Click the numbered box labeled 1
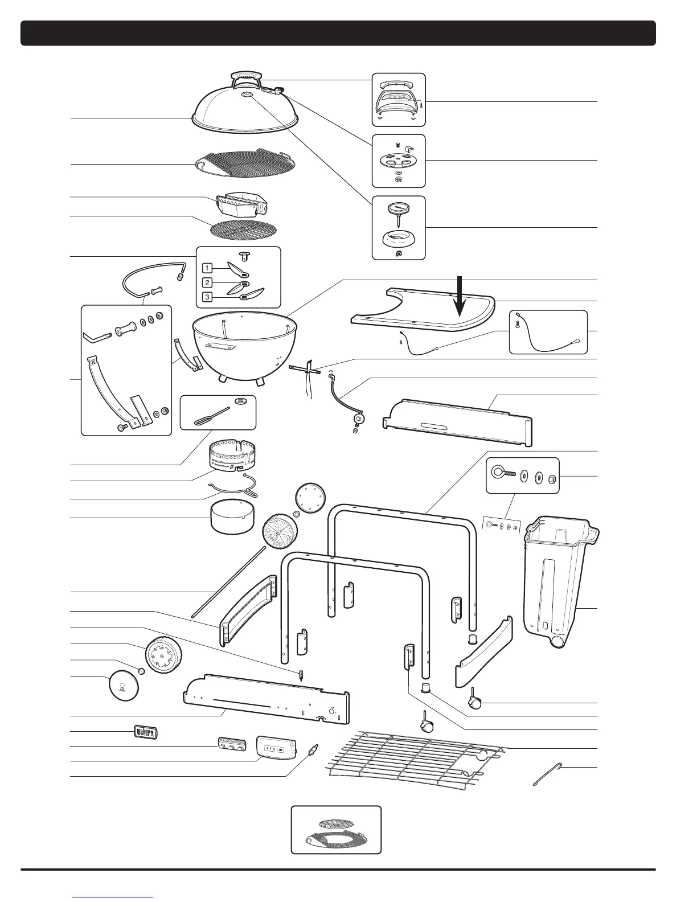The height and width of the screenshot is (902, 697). click(209, 267)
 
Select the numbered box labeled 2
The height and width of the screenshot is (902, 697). click(209, 282)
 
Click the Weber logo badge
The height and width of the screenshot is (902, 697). click(145, 732)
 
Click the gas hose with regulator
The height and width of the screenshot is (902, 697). click(342, 399)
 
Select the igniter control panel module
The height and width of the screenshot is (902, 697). click(276, 747)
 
